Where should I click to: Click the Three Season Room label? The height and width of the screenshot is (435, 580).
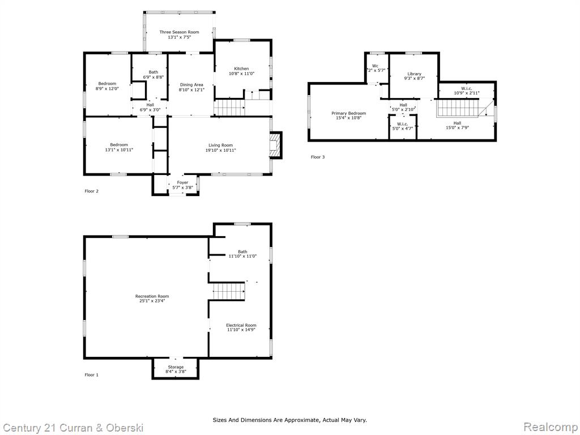coord(179,32)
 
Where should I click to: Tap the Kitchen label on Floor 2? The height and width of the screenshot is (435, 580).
coord(241,69)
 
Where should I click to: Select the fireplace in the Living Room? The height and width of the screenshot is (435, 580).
coord(276,146)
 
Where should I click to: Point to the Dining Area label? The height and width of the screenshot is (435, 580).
coord(191,85)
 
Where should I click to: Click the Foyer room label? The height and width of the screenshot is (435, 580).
coord(182,183)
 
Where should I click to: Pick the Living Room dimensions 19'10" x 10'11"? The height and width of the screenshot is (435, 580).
coord(220,150)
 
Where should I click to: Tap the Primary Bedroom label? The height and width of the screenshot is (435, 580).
coord(348,113)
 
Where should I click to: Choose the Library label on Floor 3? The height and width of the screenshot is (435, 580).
coord(414,74)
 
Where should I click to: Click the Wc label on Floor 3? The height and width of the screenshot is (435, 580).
coord(375,66)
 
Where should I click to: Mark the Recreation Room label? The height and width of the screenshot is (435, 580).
coord(152,296)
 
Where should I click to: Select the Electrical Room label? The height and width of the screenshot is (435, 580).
coord(241,325)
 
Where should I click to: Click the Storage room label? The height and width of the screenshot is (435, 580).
coord(176,367)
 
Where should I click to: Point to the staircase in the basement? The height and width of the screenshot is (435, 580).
coord(229,291)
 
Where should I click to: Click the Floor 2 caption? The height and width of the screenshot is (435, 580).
coord(91,191)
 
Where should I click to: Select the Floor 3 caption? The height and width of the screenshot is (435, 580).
coord(318,157)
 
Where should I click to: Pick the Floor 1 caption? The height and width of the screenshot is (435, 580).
coord(91,375)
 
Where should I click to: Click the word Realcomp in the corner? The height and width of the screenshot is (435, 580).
coord(551,427)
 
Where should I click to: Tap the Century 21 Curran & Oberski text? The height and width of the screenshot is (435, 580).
coord(73,428)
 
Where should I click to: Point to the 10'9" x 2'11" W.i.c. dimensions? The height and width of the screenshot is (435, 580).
coord(467,93)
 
